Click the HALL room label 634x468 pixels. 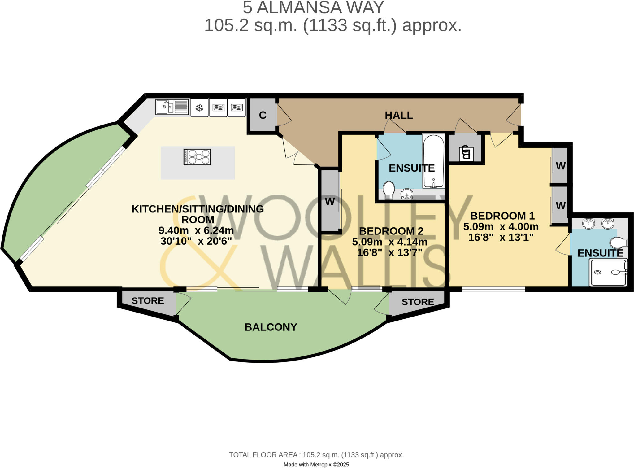(399, 115)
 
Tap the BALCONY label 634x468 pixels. (271, 327)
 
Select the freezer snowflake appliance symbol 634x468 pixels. (199, 108)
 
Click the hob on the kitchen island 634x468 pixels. (197, 157)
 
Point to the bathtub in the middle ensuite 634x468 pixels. (433, 161)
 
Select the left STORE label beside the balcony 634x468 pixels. (148, 301)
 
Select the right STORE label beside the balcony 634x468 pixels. (418, 302)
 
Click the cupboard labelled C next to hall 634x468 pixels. (263, 115)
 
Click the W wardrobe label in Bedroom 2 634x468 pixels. (330, 202)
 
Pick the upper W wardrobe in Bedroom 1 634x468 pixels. (561, 166)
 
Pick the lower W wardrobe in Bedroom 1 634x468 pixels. (561, 205)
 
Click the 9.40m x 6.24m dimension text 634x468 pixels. (196, 230)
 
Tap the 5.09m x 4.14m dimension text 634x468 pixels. (389, 242)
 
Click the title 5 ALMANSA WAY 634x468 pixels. (313, 7)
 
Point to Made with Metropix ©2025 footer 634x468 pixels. (316, 464)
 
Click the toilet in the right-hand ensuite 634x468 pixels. (618, 243)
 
